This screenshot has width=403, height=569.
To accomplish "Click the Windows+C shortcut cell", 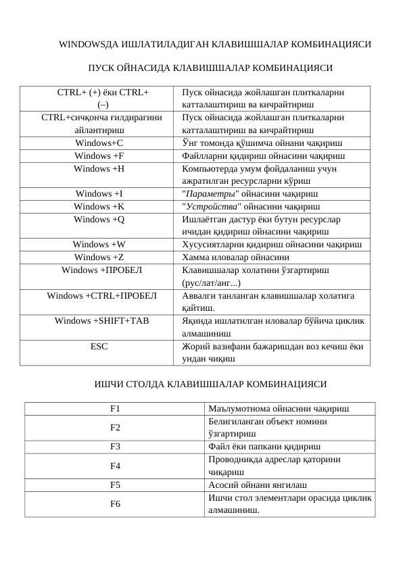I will (x=99, y=143).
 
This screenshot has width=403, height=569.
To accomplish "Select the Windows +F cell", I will (x=99, y=156).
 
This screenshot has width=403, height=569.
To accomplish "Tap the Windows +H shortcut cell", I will (x=99, y=169).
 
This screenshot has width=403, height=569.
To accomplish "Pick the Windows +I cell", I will (x=99, y=194).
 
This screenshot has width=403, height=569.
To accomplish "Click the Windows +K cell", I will (x=99, y=207).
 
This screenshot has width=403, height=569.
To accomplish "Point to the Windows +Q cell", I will (x=99, y=220).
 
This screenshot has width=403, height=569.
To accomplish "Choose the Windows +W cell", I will (x=99, y=245).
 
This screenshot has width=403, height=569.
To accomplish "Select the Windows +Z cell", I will (x=99, y=257).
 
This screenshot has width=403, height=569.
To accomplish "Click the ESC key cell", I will (x=99, y=346).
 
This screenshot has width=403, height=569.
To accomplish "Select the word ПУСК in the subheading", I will (x=101, y=68).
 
